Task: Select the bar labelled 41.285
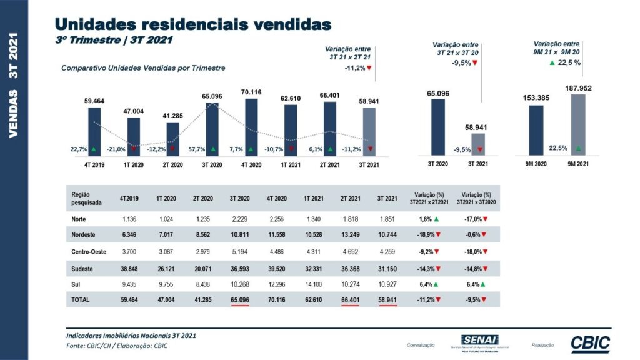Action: [173, 138]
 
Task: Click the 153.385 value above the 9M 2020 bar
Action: [536, 97]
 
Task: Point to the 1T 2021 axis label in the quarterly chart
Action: [291, 164]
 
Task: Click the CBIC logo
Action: [590, 344]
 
